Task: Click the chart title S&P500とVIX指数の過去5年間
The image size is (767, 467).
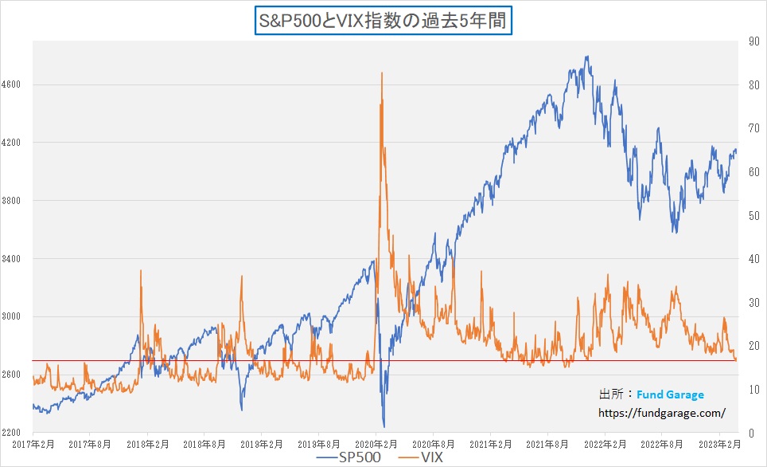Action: pos(383,20)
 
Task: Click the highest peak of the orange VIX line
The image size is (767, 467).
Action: pos(382,73)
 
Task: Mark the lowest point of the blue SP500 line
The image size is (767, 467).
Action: pos(383,427)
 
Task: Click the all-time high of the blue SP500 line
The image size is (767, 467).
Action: pos(586,57)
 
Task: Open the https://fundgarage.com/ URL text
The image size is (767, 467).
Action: pos(661,413)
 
